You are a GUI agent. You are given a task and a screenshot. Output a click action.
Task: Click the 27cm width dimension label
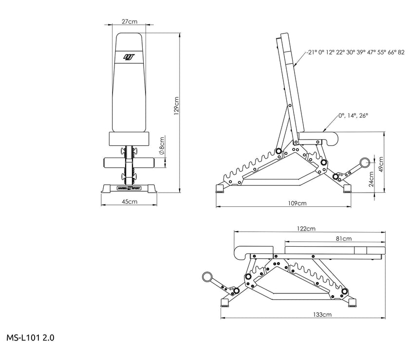(x=129, y=21)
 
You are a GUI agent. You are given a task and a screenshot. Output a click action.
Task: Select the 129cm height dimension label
(x=177, y=106)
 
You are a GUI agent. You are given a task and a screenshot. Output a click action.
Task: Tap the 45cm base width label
(x=130, y=201)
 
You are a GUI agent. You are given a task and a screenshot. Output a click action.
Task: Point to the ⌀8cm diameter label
(x=162, y=146)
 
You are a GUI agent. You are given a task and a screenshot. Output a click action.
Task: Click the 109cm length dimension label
(x=297, y=203)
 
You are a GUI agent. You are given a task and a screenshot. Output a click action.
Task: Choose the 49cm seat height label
(x=381, y=164)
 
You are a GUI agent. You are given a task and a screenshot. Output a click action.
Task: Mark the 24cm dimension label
(x=371, y=180)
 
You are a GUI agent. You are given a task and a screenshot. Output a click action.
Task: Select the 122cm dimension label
(x=306, y=229)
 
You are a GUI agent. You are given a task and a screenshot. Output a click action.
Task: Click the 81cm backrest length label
(x=344, y=238)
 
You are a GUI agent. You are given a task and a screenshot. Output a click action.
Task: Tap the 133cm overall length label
(x=322, y=314)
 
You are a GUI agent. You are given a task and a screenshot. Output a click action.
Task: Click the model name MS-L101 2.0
(x=30, y=338)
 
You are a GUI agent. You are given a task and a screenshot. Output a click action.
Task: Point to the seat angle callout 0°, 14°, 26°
(x=353, y=115)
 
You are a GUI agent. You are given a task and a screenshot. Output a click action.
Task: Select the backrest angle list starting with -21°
(x=355, y=53)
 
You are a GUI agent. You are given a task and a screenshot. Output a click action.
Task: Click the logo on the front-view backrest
(x=129, y=57)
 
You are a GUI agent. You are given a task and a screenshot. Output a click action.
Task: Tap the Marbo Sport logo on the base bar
(x=129, y=188)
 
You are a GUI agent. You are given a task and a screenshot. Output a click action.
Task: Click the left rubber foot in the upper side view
(x=220, y=188)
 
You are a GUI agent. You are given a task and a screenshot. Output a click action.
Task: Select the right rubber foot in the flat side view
(x=353, y=303)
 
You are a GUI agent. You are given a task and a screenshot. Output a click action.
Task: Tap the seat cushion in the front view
(x=129, y=139)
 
